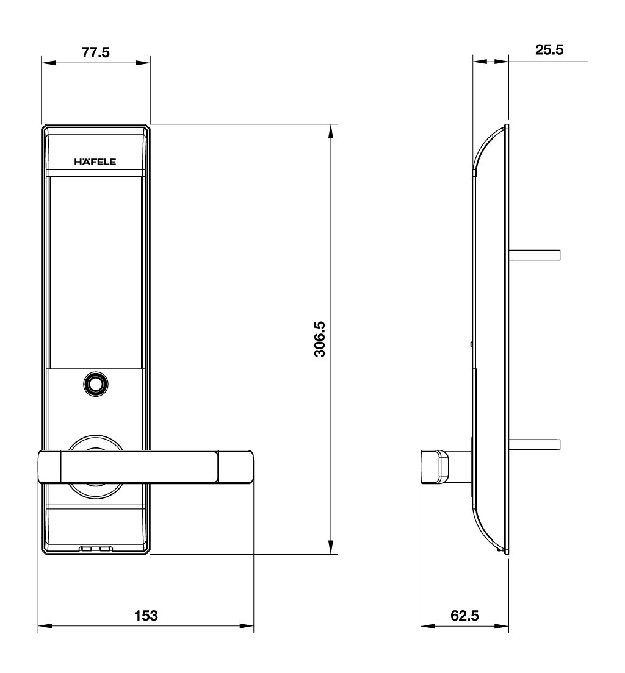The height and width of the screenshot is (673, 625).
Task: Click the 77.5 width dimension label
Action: point(95,53)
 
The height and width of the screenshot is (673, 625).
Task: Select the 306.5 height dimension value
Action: point(319,340)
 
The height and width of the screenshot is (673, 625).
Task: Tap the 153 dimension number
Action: point(146,616)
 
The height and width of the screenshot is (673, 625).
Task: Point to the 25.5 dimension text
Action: point(549,50)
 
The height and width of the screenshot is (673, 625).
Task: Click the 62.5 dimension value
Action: point(464,616)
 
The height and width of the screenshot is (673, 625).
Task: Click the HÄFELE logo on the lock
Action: point(95,162)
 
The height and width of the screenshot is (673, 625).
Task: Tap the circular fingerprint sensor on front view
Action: point(95,384)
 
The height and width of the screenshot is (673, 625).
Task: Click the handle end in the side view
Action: point(434,466)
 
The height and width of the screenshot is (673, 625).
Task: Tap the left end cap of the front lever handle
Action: point(49,468)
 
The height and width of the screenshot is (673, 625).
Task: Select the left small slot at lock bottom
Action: point(87,549)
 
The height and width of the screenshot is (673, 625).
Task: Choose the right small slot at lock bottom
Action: point(106,549)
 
